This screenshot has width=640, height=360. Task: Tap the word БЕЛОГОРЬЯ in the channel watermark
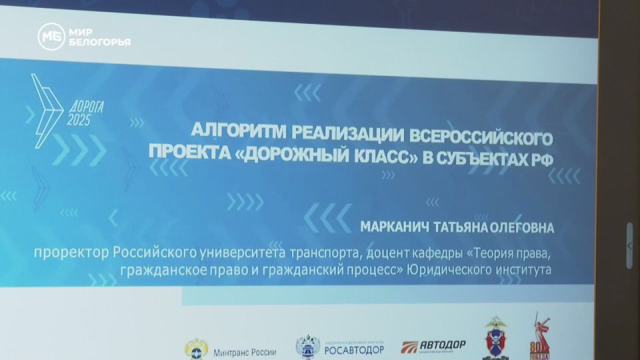tap(99, 42)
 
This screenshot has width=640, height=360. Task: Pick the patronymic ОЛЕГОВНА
tap(526, 228)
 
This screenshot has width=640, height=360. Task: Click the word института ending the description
tap(517, 271)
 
